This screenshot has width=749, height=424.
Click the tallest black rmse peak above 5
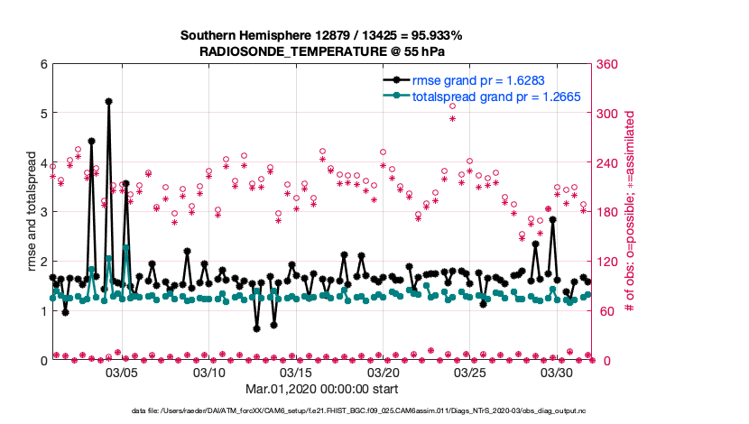pos(108,102)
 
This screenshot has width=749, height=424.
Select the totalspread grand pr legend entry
pos(495,96)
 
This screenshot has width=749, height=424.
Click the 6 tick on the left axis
pos(43,64)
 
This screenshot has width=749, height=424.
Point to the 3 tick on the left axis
pos(43,212)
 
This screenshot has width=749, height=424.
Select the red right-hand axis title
pos(631,212)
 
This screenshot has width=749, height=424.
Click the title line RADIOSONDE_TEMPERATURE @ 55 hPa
pos(321,52)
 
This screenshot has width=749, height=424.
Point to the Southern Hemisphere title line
pos(321,36)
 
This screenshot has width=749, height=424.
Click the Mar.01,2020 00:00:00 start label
pos(321,391)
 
